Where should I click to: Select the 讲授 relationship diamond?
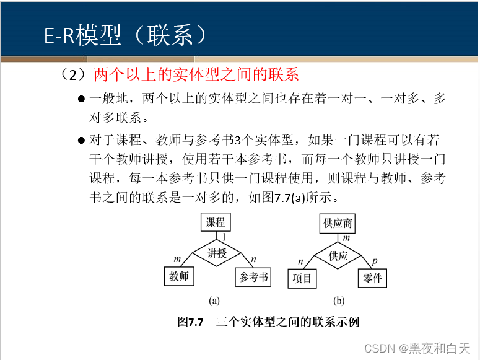click(217, 253)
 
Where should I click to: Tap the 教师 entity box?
click(179, 276)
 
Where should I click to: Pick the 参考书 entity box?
click(254, 277)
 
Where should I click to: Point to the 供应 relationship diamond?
click(338, 255)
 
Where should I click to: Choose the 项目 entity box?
click(303, 279)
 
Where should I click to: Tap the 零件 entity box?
click(373, 279)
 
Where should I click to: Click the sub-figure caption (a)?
click(214, 301)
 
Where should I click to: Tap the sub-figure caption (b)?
click(339, 301)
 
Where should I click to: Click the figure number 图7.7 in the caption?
click(191, 322)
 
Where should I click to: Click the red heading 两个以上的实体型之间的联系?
click(196, 75)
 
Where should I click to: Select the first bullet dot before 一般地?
click(81, 99)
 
